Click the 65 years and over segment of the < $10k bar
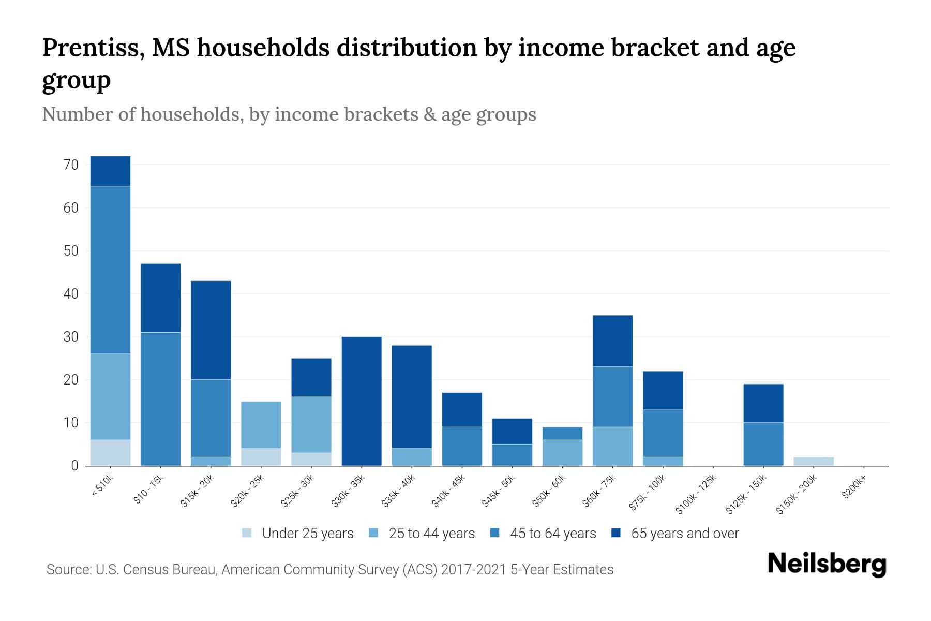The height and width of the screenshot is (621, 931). point(110,171)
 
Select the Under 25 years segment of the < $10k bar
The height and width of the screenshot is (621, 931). point(110,452)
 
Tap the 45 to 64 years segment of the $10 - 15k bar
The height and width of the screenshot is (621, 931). point(160,398)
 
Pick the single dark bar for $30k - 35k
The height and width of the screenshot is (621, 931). point(362,401)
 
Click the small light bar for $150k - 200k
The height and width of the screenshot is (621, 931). point(813,461)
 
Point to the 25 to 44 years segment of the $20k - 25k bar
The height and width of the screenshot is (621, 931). point(261,424)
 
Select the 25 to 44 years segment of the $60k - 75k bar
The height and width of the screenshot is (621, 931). point(612,446)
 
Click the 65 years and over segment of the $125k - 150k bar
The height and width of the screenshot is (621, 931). point(763,403)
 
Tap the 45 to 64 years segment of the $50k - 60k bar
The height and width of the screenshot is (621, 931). point(562,433)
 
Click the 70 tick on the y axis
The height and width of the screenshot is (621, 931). point(71,165)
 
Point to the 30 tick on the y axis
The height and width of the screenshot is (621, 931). point(71,337)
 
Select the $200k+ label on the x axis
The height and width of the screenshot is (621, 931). point(854,489)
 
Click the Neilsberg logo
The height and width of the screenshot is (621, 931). point(827,565)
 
